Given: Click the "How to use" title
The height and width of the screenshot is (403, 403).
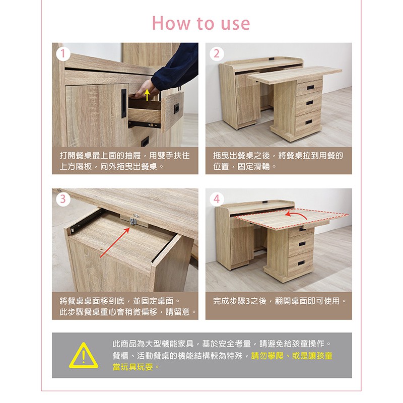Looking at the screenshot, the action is coord(201,23).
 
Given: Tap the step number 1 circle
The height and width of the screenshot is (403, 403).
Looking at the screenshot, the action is coord(63,54).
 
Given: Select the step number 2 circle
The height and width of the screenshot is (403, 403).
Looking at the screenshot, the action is coord(217,54).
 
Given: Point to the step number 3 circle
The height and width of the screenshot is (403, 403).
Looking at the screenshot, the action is coord(63,199).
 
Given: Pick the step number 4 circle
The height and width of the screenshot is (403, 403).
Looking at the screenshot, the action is coord(217,199).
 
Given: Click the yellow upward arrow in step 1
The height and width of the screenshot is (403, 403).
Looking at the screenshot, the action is coord(147,95).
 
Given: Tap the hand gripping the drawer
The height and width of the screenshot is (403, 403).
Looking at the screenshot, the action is coord(145,90).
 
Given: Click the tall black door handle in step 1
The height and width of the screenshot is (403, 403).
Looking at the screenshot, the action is coord(124,103).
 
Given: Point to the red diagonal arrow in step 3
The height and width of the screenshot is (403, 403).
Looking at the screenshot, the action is coord(115,242).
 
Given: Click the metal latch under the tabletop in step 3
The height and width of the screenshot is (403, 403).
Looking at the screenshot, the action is coord(133,221).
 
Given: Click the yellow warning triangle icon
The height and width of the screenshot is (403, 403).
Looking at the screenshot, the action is coord(84,356).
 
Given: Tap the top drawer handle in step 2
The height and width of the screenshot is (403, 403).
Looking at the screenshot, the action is coord(310,87).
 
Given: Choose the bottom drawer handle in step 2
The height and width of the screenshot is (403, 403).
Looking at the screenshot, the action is coord(309,122).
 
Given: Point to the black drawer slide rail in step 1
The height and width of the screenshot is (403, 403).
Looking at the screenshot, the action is coord(145,124).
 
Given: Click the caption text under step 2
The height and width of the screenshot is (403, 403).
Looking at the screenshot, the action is coord(278,161).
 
